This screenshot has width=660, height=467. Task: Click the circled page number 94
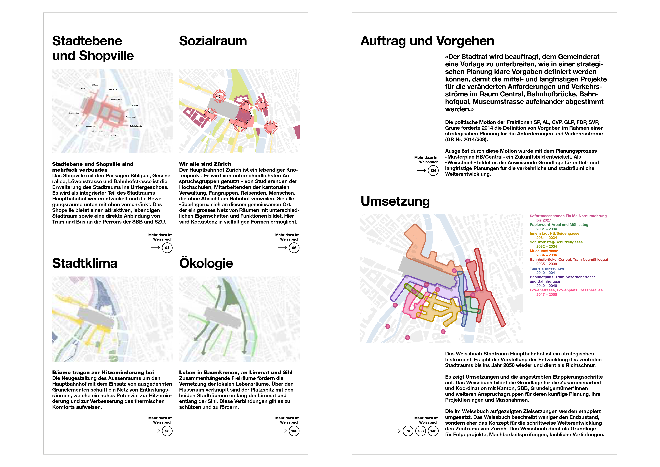point(167,248)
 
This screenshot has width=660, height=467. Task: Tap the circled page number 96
point(294,248)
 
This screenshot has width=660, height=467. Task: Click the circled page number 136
point(433,171)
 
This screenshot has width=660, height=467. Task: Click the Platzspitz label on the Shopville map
point(113,89)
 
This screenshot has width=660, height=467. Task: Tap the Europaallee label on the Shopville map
point(74,113)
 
